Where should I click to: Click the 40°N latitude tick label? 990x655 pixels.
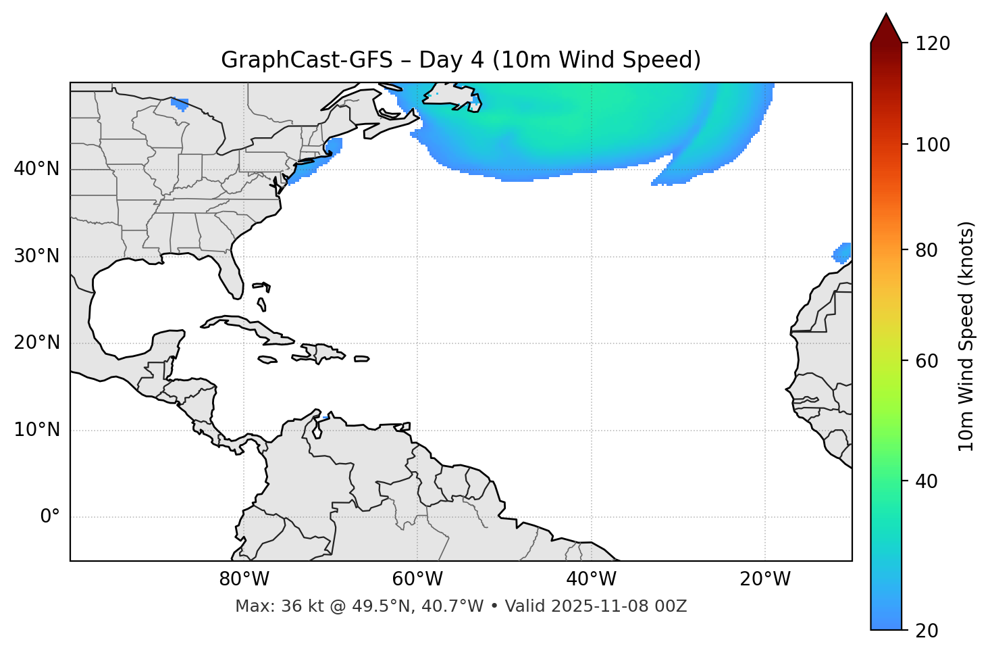(36, 169)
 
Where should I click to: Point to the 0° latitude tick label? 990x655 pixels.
(49, 517)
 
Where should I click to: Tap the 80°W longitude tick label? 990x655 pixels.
(244, 579)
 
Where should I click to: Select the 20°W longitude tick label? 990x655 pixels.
(765, 579)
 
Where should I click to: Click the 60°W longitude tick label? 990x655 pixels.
(417, 579)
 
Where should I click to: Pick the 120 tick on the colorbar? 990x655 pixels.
(933, 44)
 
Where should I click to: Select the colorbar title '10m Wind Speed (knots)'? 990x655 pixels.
(966, 336)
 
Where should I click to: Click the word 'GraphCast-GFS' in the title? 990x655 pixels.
(307, 60)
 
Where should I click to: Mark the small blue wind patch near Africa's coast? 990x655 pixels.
(842, 253)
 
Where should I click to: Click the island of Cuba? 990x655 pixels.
(246, 327)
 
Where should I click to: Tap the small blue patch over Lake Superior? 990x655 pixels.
(180, 103)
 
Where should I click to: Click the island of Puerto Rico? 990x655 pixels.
(361, 359)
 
